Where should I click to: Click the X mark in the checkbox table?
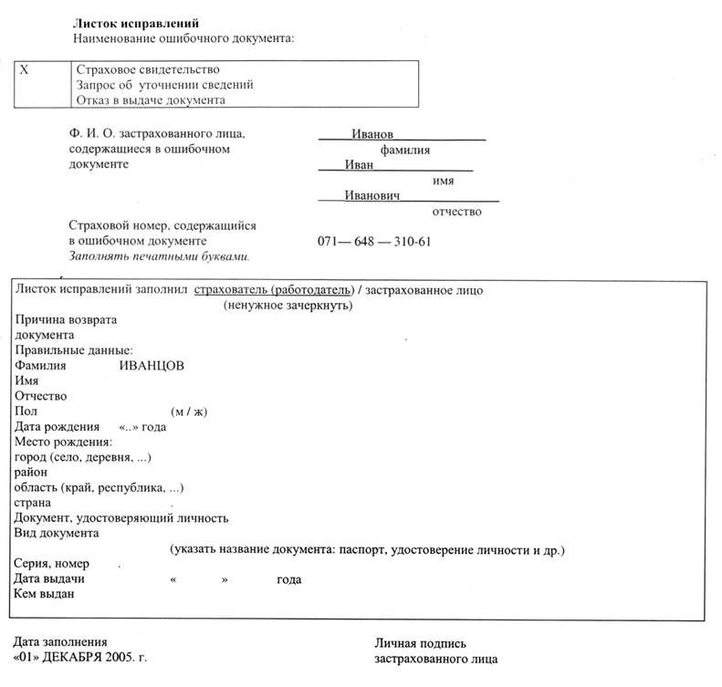tap(25, 69)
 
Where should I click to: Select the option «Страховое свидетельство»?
tap(148, 69)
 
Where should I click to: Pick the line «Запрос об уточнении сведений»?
tap(165, 85)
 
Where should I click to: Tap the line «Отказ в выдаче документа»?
tap(151, 100)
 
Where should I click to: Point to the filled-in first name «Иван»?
tap(359, 165)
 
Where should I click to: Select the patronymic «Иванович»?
tap(372, 195)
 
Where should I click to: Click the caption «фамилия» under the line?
tap(405, 151)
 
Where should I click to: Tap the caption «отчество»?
tap(456, 211)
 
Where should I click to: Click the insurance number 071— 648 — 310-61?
tap(374, 242)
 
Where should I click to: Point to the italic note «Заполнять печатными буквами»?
tap(159, 256)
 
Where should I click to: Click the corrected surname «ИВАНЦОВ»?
tap(152, 365)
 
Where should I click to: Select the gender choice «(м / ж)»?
tap(190, 411)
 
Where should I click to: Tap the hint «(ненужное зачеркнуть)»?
tap(288, 306)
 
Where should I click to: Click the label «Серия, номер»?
tap(53, 564)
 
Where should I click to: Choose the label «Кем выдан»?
tap(44, 595)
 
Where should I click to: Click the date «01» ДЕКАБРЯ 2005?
tap(80, 657)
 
